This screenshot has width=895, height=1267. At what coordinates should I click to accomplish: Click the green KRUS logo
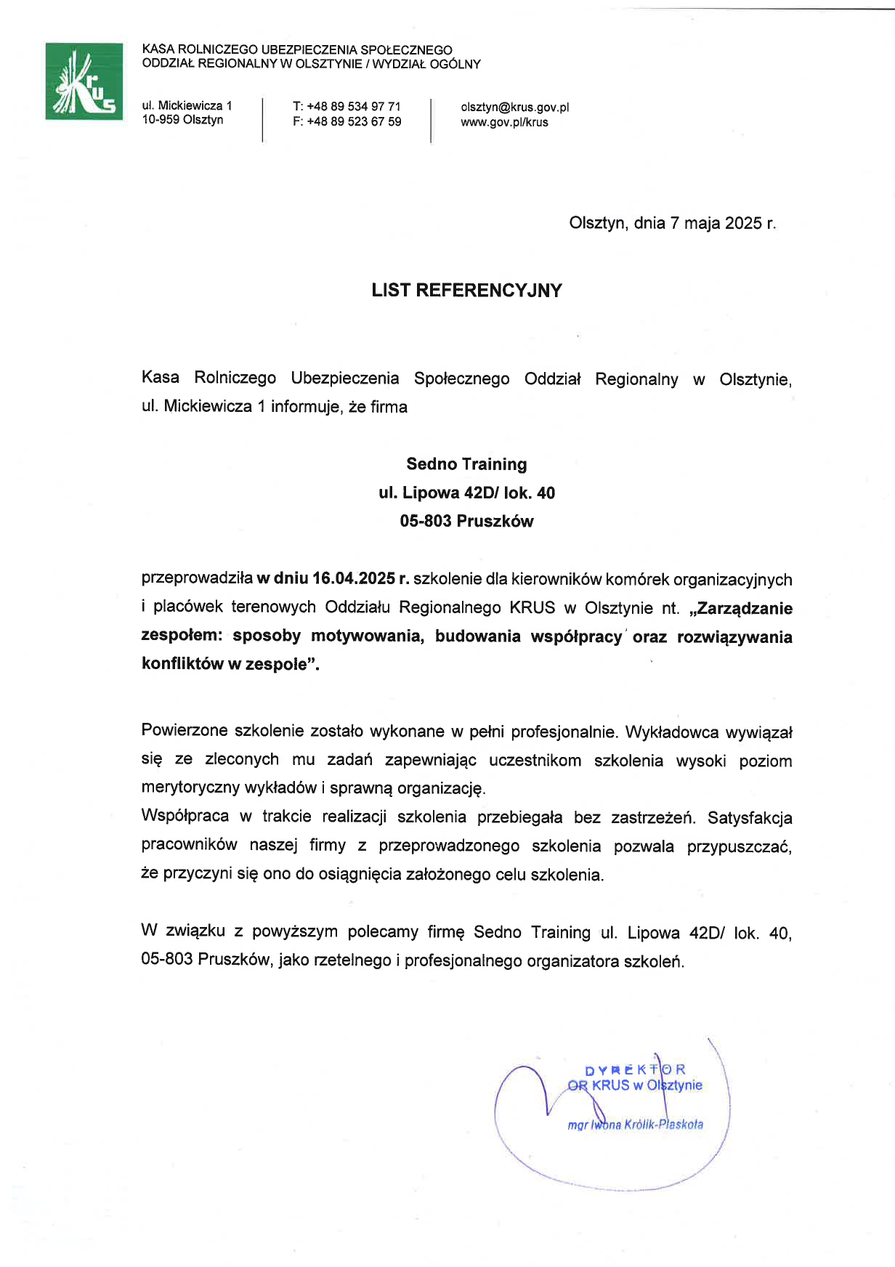click(84, 81)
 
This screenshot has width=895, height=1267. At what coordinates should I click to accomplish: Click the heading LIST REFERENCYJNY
click(466, 291)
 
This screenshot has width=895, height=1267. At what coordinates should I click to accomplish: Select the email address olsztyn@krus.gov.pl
click(514, 107)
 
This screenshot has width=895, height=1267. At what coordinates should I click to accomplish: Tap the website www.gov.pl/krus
click(504, 122)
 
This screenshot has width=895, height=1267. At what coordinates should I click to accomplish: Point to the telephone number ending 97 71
click(347, 106)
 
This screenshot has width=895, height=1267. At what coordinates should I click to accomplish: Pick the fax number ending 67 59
click(347, 121)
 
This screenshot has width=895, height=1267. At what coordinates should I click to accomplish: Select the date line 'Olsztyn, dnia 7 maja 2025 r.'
click(672, 223)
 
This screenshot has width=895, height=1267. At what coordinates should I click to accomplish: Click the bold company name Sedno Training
click(466, 464)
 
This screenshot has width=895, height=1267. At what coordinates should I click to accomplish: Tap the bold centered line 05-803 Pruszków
click(466, 521)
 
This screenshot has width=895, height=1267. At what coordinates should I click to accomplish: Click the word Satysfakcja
click(750, 817)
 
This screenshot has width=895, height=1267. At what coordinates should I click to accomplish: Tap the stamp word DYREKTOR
click(635, 1069)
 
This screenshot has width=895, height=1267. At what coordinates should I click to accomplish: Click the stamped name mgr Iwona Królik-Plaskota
click(635, 1125)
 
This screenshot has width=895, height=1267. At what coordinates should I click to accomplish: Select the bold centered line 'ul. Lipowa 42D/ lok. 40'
click(466, 493)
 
